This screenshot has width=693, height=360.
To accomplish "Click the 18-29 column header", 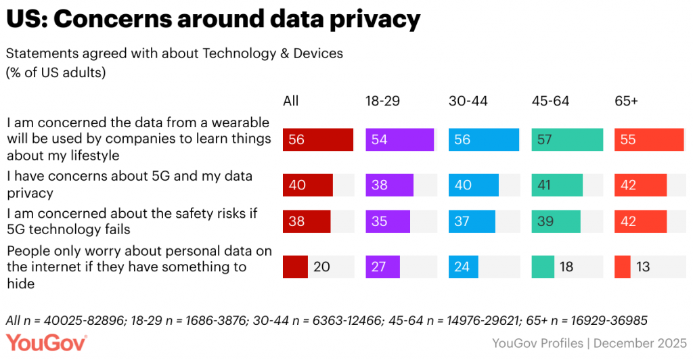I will pos(382,101).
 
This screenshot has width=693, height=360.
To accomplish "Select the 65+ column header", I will pos(627,101).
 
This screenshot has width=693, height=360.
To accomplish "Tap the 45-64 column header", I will pos(550,101).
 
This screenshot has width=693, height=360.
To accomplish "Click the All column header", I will pos(290,101).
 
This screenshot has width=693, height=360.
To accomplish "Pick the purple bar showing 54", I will pos(399,139).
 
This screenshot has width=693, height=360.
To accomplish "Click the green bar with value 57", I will pos(566,139).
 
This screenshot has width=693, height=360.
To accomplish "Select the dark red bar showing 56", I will pos(318,139).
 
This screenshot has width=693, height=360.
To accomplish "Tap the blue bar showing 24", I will pos(463,267).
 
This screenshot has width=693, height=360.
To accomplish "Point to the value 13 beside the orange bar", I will pos(643,267).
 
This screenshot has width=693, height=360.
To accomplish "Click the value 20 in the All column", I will pos(321,267).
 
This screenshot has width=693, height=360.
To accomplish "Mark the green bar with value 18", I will pos(543,267).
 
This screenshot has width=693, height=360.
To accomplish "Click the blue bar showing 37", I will pos(471,221).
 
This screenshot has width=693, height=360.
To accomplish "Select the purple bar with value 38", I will pos(389,185).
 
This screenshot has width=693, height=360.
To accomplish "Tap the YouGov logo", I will pos(47,343).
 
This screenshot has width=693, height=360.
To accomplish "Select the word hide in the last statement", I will pos(21,284).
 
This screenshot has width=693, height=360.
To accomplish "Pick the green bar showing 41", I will pos(557,185).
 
